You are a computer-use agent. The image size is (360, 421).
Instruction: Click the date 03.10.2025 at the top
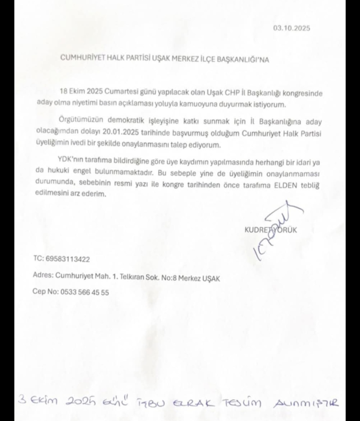tap(291, 28)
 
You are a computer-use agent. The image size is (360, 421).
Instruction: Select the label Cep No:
tap(45, 292)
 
